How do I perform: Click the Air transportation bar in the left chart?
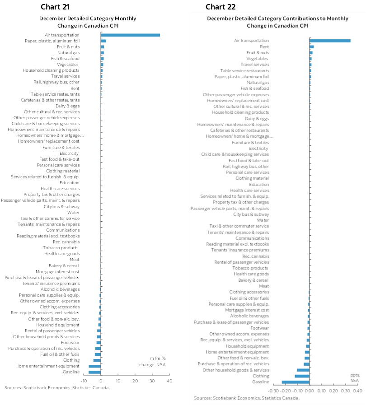tap(130, 35)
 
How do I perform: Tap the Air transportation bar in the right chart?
tap(330, 41)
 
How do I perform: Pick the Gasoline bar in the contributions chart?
tap(296, 382)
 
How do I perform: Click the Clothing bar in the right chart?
tap(302, 376)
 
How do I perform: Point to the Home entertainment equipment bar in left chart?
tap(94, 366)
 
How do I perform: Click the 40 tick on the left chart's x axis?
tap(170, 381)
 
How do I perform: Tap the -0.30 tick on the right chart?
tap(273, 391)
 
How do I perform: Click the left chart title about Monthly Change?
tap(88, 22)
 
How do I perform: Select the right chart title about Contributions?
tap(277, 22)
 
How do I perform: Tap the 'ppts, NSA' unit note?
tap(355, 377)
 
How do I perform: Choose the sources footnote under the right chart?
tap(247, 398)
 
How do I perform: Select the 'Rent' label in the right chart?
tap(265, 47)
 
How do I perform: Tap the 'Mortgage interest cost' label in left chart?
tap(57, 271)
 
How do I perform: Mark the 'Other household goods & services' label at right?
tap(236, 370)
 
